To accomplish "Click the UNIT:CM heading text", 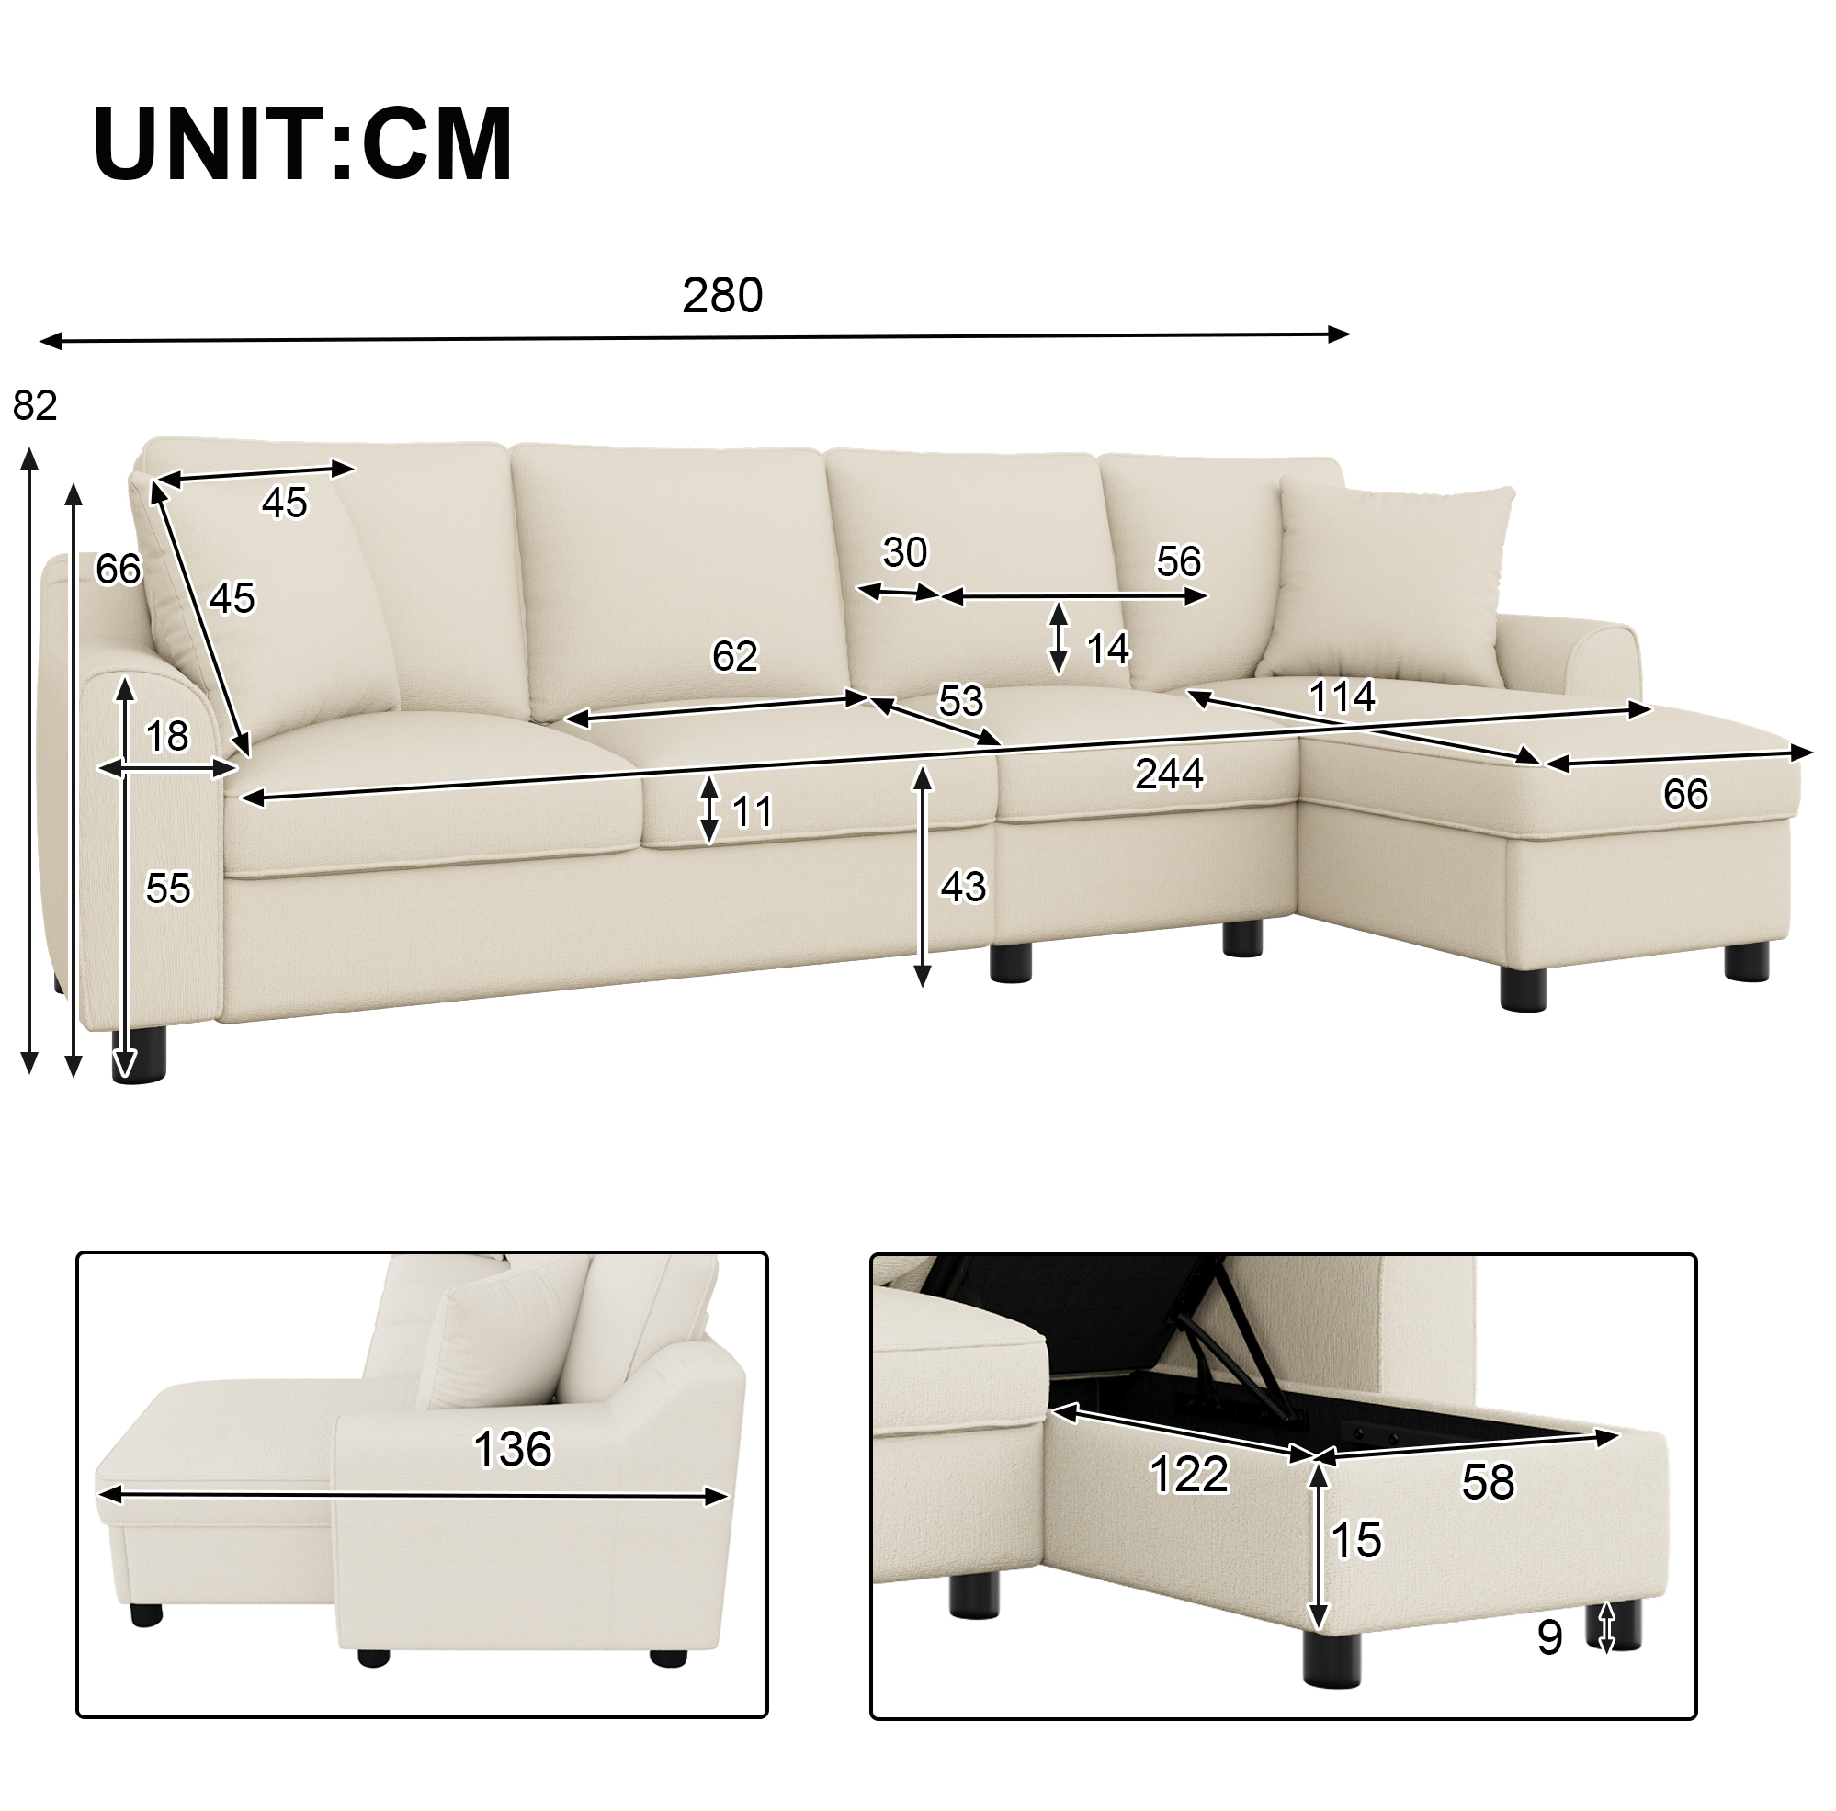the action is [x=303, y=144].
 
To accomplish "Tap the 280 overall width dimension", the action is [x=722, y=296].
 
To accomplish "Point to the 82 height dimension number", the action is [x=35, y=406].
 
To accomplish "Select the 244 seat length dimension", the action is [x=1169, y=775].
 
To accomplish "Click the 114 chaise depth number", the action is [x=1342, y=696].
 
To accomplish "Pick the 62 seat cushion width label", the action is [x=734, y=657].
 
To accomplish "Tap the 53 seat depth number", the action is [x=961, y=701].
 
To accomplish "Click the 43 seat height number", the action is [x=964, y=887].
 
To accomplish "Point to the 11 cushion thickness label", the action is [x=753, y=812].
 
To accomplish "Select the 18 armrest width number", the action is [x=167, y=736].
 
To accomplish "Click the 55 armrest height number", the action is [x=168, y=889].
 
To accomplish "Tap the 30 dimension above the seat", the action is [x=905, y=552].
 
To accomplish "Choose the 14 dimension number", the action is [x=1107, y=650].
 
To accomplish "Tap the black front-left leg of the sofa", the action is [x=139, y=1052].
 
